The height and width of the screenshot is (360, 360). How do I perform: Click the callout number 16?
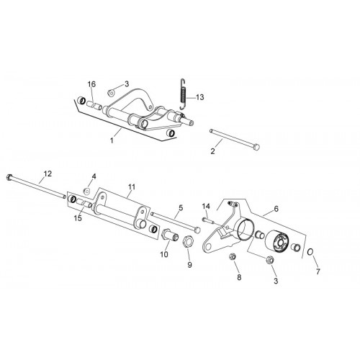[91, 84]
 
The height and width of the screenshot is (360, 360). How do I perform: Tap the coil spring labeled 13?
[184, 94]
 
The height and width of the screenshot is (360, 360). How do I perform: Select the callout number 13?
[199, 97]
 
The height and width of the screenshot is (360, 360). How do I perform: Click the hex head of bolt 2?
[256, 146]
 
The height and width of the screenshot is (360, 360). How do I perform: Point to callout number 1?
[112, 140]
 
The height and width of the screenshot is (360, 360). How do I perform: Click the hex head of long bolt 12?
[10, 177]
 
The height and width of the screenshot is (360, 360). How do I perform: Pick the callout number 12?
[48, 174]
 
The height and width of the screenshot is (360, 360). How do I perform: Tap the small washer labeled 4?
[86, 191]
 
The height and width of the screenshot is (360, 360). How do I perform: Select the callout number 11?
[132, 186]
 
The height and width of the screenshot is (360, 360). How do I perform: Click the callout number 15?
[78, 218]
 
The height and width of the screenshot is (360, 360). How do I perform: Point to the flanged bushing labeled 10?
[171, 235]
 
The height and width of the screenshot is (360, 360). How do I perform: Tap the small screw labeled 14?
[208, 220]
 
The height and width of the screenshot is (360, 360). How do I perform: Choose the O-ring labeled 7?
[310, 252]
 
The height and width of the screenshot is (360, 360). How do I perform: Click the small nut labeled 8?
[233, 256]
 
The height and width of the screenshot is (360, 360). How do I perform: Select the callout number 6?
[276, 209]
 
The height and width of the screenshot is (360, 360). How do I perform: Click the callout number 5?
[181, 207]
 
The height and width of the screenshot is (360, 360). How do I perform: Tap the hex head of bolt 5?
[197, 230]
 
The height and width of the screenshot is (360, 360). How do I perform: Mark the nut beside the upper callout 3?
[112, 92]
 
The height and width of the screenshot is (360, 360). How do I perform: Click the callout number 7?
[318, 271]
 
